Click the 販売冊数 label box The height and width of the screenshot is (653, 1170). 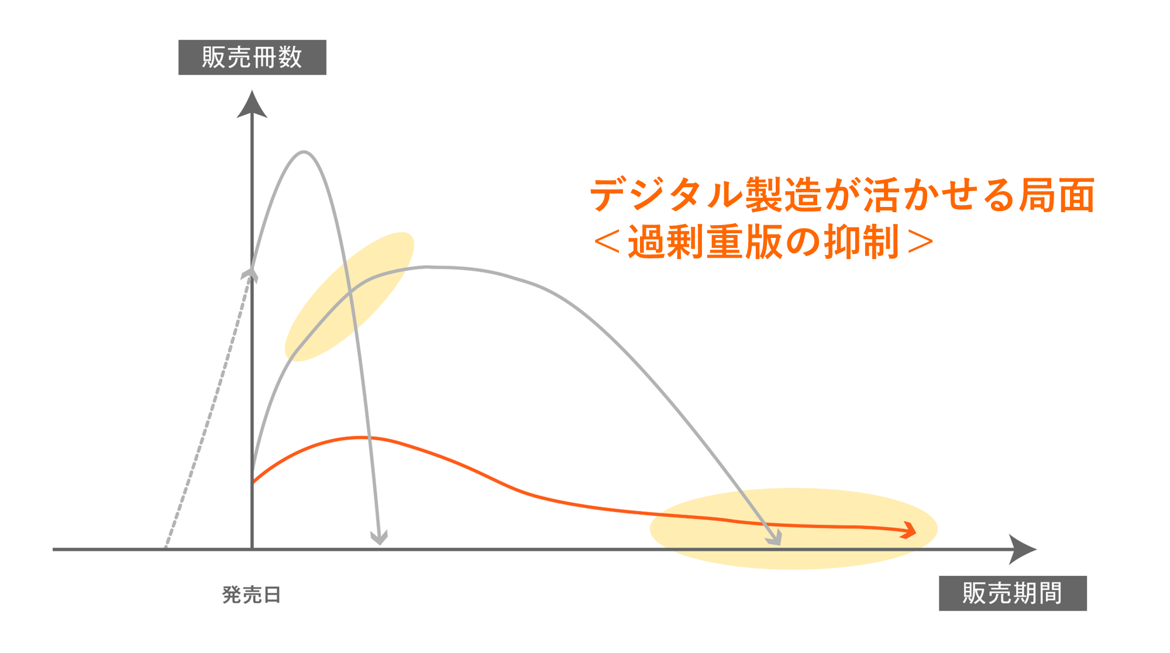pos(252,57)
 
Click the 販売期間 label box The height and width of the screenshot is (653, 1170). pos(1012,593)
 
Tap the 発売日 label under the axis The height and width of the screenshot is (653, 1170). pos(252,595)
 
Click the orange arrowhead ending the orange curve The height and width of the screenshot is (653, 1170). pos(910,530)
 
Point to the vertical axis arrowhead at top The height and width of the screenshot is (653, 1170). pos(252,105)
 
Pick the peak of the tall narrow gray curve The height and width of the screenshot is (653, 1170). pos(304,152)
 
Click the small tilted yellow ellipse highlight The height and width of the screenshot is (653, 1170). pos(349,296)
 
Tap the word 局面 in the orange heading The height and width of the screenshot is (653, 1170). pos(1057,195)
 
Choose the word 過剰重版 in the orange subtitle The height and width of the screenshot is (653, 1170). pos(705,242)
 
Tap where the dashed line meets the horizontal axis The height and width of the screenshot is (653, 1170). pos(166,548)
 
